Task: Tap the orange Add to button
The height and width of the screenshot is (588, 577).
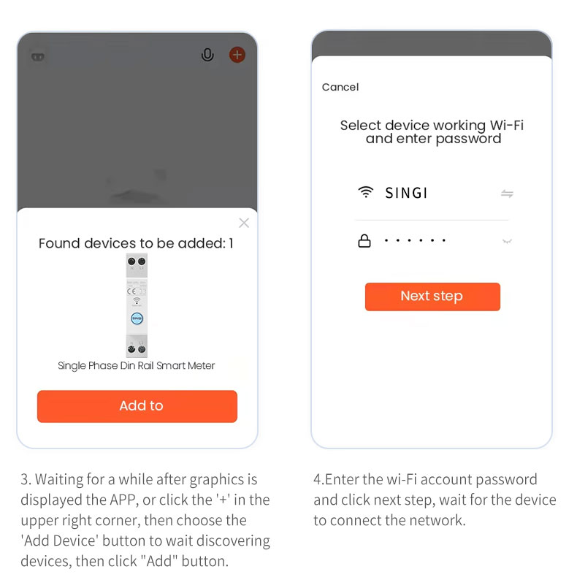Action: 137,406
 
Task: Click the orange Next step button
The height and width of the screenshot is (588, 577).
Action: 432,297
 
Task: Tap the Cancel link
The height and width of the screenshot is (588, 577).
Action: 340,87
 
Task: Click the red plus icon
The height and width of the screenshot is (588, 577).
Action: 237,55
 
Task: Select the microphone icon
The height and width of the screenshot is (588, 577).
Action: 207,55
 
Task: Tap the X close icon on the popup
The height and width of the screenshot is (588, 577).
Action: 244,223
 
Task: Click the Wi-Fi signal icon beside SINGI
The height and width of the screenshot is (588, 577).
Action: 365,192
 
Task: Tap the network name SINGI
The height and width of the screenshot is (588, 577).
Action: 406,193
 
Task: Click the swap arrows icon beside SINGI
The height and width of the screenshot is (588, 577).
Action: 507,194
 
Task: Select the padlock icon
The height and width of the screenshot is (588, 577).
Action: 364,241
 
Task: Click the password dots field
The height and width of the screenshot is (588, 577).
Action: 415,240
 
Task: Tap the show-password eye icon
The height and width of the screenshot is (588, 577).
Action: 507,241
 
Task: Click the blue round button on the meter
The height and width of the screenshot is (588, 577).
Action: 137,318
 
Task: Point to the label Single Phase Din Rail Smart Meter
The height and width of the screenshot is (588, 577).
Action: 136,366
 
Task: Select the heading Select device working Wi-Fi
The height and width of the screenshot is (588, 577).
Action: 432,125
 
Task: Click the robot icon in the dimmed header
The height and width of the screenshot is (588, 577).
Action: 38,57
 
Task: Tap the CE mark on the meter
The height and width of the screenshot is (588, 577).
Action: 131,291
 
